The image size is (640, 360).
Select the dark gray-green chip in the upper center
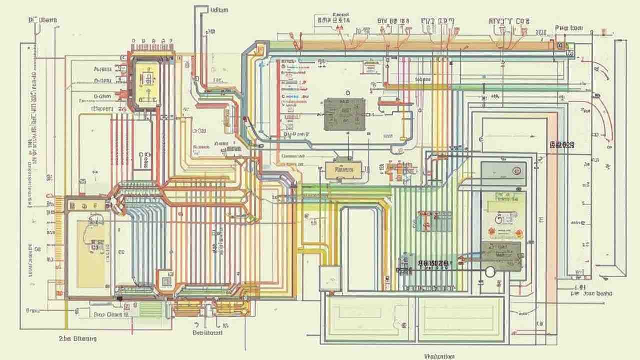pos(344,114)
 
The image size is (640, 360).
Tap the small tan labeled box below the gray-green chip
pos(343,169)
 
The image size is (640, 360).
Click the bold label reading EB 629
pos(562,145)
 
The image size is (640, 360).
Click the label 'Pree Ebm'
pos(569,29)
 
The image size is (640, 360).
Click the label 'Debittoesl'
pos(207,332)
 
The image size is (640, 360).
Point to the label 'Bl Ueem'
pos(43,21)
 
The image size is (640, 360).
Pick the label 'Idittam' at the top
pos(219,10)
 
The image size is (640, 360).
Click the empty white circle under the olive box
pos(490,271)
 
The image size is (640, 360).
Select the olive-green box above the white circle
pos(501,256)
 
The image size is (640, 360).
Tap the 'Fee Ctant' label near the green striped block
pos(111,315)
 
